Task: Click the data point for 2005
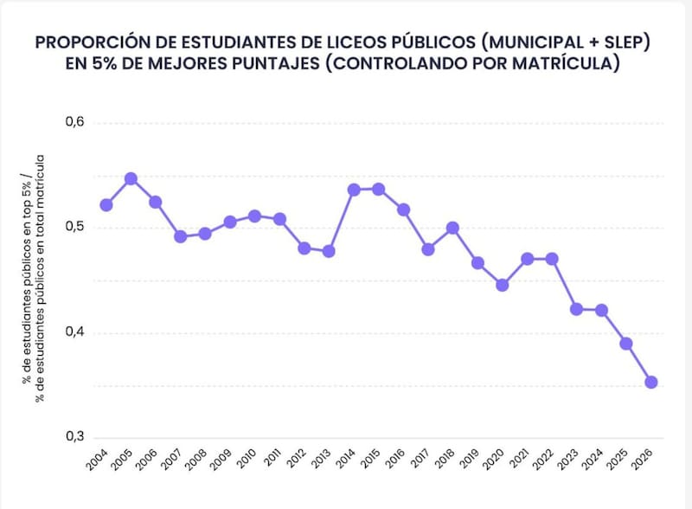pos(131,179)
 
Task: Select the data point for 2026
pos(651,383)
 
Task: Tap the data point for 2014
pos(354,190)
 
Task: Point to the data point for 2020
pos(503,285)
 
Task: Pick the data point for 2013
pos(329,251)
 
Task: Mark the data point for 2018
pos(452,228)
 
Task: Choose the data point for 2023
pos(577,309)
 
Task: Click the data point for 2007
pos(180,236)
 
